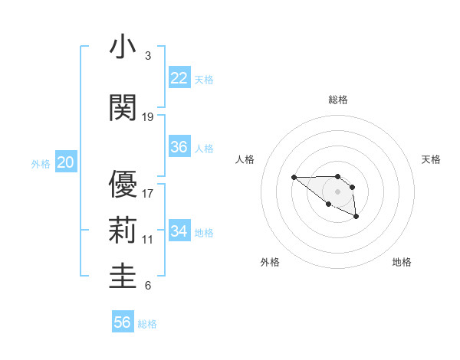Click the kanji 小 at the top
(x=123, y=47)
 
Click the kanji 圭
(x=123, y=276)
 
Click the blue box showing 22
(x=179, y=77)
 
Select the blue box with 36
(x=179, y=147)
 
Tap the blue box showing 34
(x=179, y=231)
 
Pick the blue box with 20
(x=65, y=162)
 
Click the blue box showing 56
(x=122, y=322)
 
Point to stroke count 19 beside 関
(x=148, y=117)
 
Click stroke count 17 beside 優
(x=148, y=193)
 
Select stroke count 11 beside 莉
(x=148, y=240)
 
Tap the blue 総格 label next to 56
(x=147, y=324)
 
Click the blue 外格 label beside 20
(x=41, y=163)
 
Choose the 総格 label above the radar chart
(x=337, y=100)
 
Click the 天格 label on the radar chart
(x=432, y=159)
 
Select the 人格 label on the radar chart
(x=245, y=159)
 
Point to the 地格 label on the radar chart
(x=402, y=262)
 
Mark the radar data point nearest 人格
(x=294, y=178)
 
